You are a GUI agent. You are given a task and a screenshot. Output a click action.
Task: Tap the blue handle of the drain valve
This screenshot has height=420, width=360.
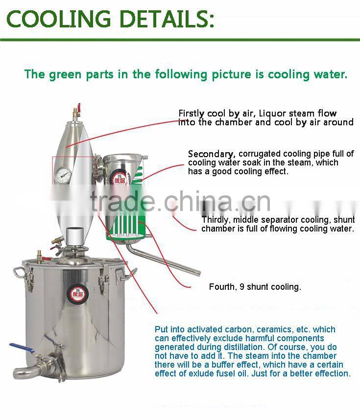[x=22, y=349]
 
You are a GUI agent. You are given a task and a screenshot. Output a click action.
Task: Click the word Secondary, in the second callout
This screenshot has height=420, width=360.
[x=212, y=154]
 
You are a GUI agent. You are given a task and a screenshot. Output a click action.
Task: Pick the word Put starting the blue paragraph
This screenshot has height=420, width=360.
[x=161, y=329]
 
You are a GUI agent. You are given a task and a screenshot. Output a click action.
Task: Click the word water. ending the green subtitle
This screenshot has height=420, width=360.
[x=330, y=74]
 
